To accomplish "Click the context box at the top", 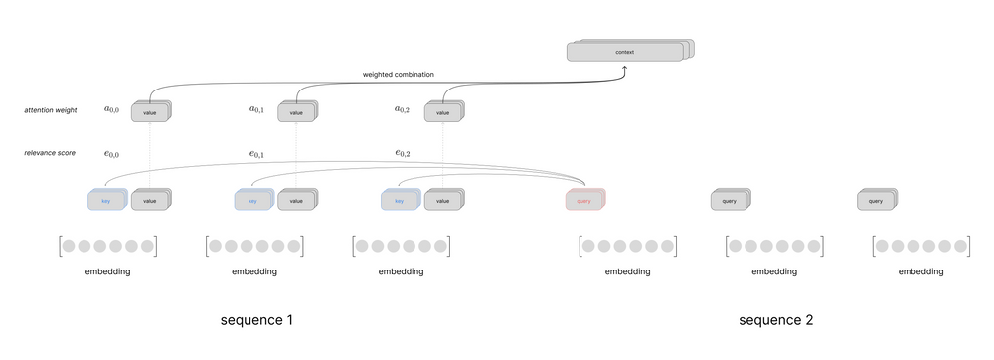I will [625, 52].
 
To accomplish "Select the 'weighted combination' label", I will [397, 74].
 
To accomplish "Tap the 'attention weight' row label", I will [52, 109].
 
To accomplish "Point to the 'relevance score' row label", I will [50, 152].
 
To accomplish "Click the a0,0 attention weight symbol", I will [111, 109].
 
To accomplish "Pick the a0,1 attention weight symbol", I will [257, 109].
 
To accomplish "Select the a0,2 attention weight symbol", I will [403, 109].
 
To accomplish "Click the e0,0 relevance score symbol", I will [111, 153].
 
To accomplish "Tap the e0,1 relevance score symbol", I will [257, 153].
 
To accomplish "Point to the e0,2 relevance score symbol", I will [403, 153].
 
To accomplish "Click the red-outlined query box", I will [584, 201].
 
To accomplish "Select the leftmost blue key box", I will [106, 201].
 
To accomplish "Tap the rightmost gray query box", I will [876, 201].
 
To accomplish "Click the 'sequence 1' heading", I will [256, 320].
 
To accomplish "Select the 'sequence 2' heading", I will [776, 320].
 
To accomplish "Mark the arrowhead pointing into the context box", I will [625, 68].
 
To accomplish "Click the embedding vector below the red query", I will [627, 246].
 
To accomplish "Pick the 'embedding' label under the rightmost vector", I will [920, 271].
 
